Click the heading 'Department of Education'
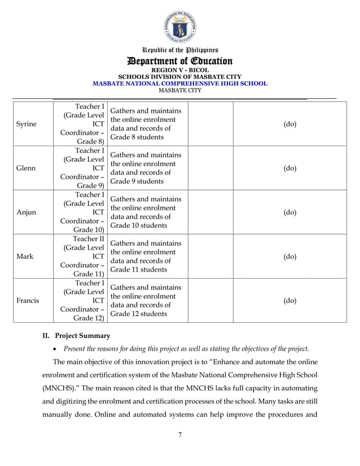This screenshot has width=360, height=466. (x=179, y=61)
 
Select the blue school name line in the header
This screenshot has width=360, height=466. (x=179, y=83)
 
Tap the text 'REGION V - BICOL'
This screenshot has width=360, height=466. (x=179, y=71)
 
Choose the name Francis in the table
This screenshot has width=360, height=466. (x=28, y=300)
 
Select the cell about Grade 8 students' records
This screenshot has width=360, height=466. (x=146, y=124)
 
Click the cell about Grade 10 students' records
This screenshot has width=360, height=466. (x=146, y=212)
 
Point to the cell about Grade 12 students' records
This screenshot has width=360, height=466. (x=146, y=300)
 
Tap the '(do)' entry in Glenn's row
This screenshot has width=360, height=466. (x=289, y=168)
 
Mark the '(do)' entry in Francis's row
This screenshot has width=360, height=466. (x=289, y=300)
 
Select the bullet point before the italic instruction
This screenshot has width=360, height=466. (x=56, y=348)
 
